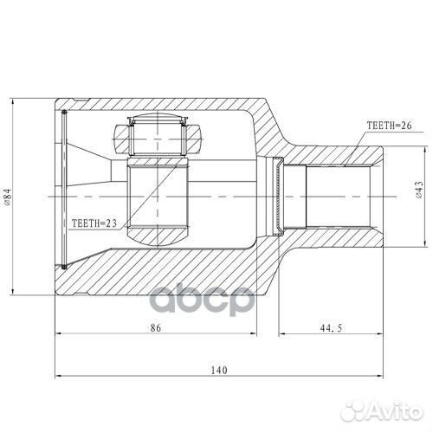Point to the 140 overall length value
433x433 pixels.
pos(218,370)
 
